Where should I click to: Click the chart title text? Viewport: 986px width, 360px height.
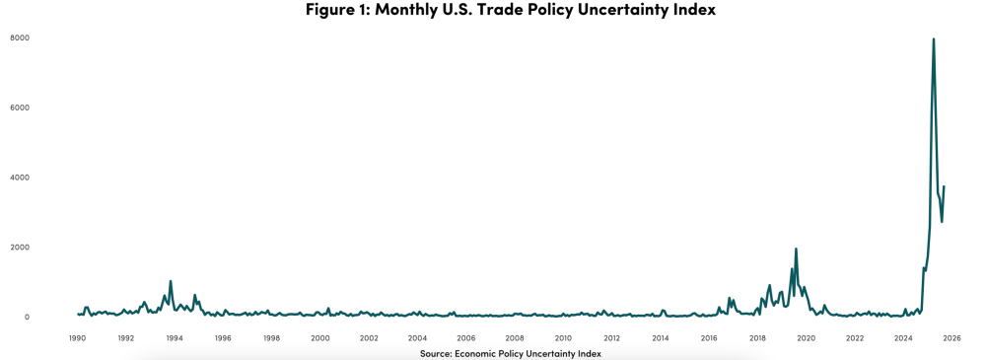(510, 10)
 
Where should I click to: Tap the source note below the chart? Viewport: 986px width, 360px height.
(510, 353)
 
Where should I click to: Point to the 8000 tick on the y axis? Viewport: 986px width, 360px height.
(20, 38)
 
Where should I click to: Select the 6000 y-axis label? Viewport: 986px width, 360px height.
(20, 108)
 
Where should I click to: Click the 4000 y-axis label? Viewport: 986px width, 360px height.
(20, 178)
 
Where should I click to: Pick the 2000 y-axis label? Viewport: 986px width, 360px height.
(20, 248)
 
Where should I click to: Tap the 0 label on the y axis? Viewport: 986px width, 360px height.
(26, 318)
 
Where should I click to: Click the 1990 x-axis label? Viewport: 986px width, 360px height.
(77, 338)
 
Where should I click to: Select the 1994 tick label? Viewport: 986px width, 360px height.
(175, 338)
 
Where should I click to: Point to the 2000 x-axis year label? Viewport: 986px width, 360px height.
(320, 338)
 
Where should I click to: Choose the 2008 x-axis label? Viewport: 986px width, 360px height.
(515, 338)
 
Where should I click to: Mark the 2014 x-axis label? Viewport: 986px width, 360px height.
(661, 338)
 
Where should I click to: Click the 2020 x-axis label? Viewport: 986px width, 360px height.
(806, 338)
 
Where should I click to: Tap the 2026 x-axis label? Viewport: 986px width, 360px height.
(951, 338)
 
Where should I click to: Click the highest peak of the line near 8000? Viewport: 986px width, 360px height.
(934, 39)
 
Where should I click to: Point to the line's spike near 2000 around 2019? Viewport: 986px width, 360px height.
(796, 249)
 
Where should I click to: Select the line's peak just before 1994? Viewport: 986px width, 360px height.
(171, 281)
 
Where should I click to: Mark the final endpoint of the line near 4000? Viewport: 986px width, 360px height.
(944, 186)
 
